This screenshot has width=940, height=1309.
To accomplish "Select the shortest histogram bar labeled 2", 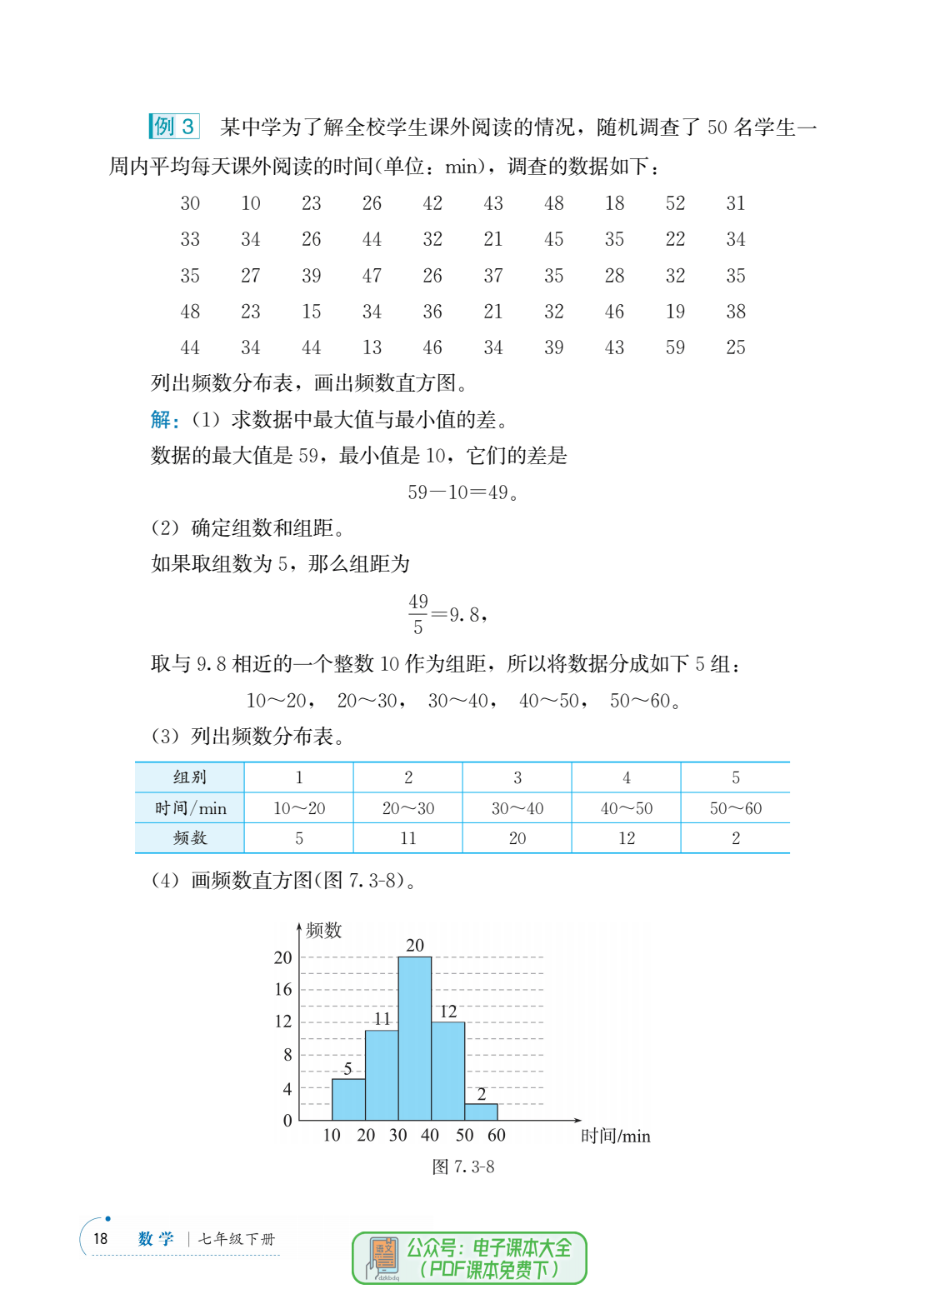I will (481, 1112).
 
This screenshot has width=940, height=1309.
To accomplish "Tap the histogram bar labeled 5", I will (348, 1099).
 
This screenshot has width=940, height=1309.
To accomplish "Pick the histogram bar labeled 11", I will (382, 1075).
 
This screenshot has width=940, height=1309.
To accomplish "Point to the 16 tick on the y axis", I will (283, 990).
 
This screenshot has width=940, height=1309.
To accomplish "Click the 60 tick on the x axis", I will (497, 1136).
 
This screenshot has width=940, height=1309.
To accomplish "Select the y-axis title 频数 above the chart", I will (323, 930).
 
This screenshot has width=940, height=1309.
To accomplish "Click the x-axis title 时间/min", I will (616, 1137).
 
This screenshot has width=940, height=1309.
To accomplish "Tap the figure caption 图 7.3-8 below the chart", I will (463, 1167).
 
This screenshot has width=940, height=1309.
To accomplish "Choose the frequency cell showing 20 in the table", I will (517, 838).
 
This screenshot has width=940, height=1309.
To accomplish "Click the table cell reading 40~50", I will (627, 808).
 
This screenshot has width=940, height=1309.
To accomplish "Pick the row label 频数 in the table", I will (190, 838).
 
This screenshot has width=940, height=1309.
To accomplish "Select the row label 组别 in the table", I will (190, 777).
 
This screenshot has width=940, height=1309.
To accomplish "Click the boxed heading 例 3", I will (174, 127).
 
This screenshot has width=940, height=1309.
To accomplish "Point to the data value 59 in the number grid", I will (675, 347).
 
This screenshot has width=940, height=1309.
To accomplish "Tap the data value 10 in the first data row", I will (251, 203).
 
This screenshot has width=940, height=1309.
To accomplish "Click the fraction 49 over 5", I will (418, 614).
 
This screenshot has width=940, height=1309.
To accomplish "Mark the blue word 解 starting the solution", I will (162, 419).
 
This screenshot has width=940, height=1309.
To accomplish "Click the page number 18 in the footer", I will (101, 1239).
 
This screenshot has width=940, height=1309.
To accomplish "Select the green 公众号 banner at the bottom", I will (470, 1258).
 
